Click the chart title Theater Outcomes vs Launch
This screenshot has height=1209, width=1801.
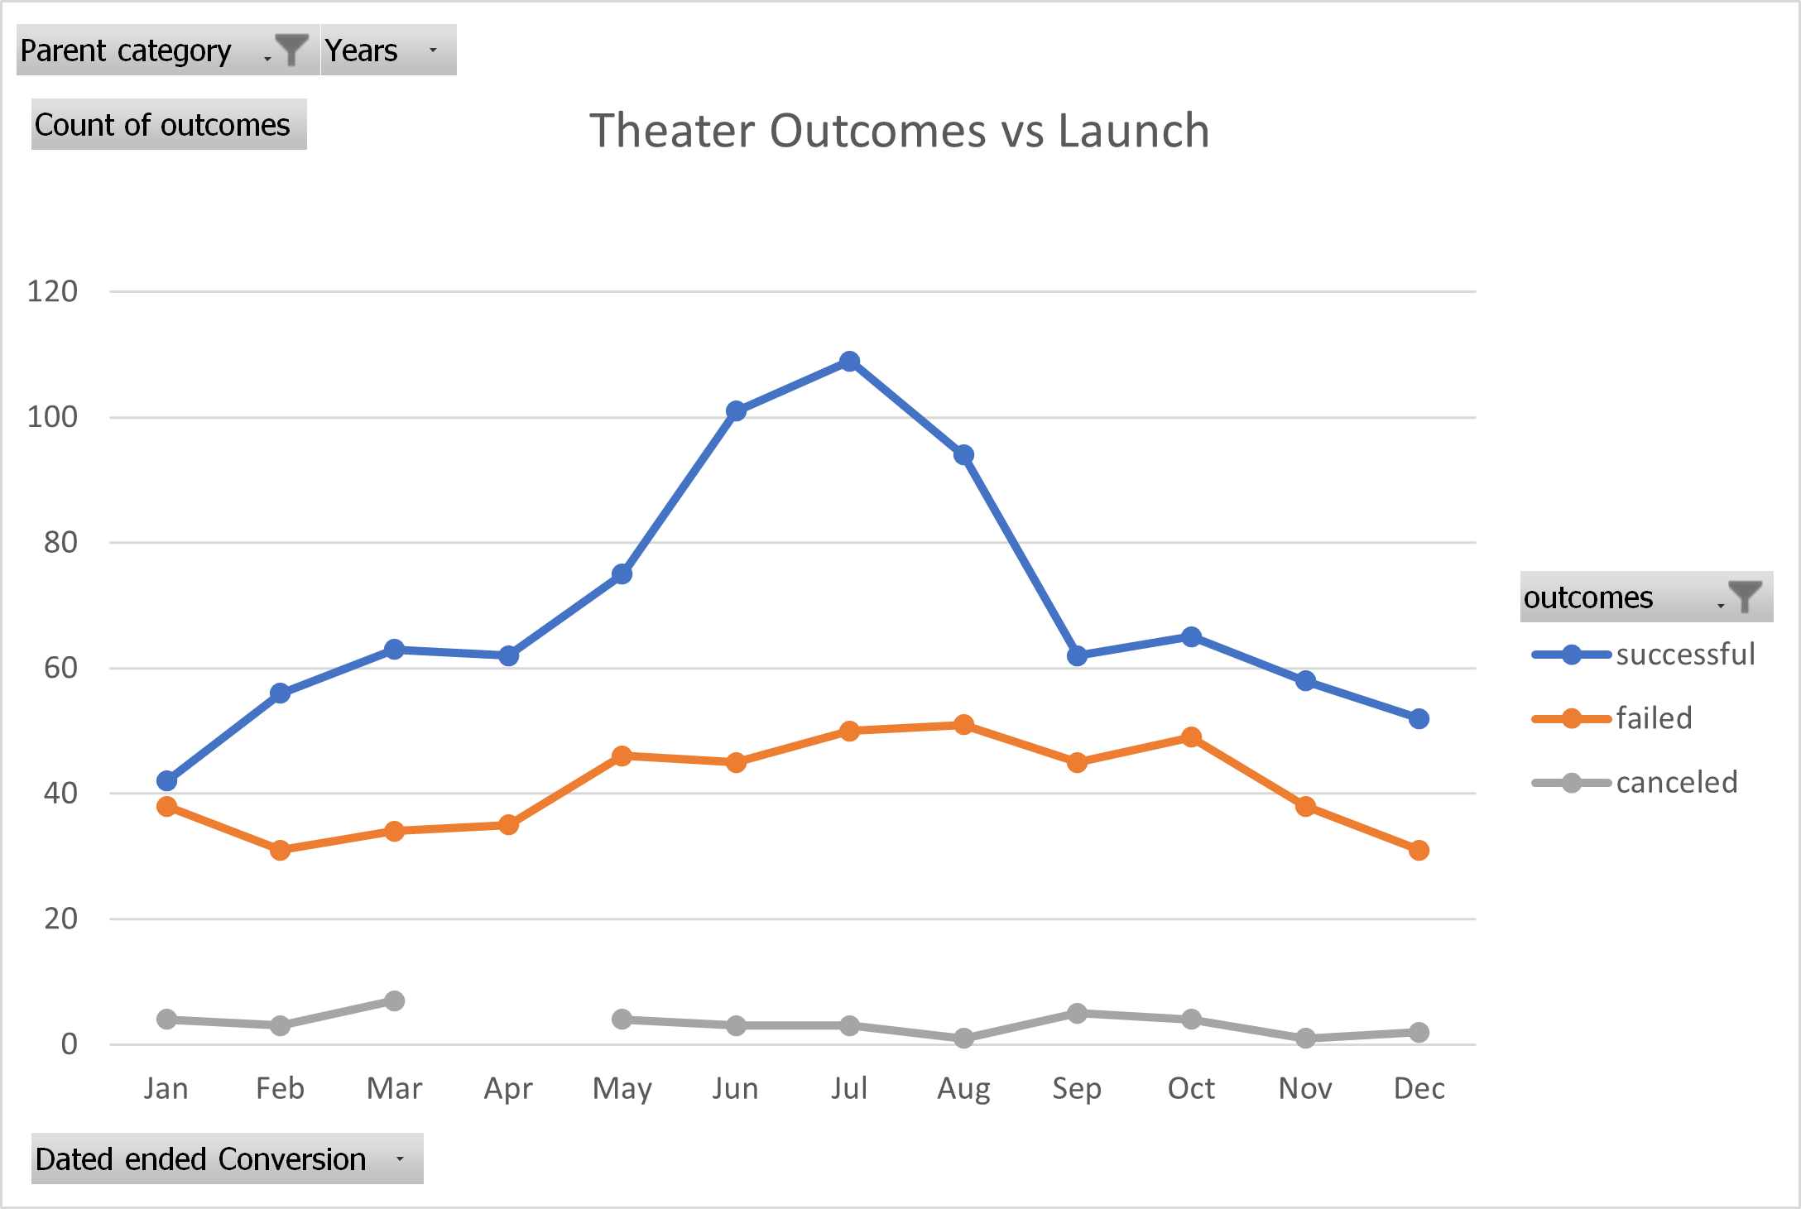[899, 131]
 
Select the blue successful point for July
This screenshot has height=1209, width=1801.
[849, 362]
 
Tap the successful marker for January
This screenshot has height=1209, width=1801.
[166, 780]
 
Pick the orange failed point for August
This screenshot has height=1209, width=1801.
[963, 725]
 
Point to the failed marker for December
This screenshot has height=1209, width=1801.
[1419, 850]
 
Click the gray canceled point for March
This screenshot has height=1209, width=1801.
[394, 1001]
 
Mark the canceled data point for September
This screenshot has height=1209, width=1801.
[1077, 1014]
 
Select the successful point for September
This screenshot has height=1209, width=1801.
[1077, 656]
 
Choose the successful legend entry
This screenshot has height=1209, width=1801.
[1684, 655]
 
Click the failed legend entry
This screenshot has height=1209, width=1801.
[1654, 718]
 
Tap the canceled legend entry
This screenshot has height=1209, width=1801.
[1676, 782]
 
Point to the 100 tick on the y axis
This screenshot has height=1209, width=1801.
[53, 417]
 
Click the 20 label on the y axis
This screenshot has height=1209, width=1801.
[61, 919]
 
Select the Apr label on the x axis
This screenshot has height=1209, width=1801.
[508, 1088]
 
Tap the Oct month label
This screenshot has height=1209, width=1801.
[1191, 1088]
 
